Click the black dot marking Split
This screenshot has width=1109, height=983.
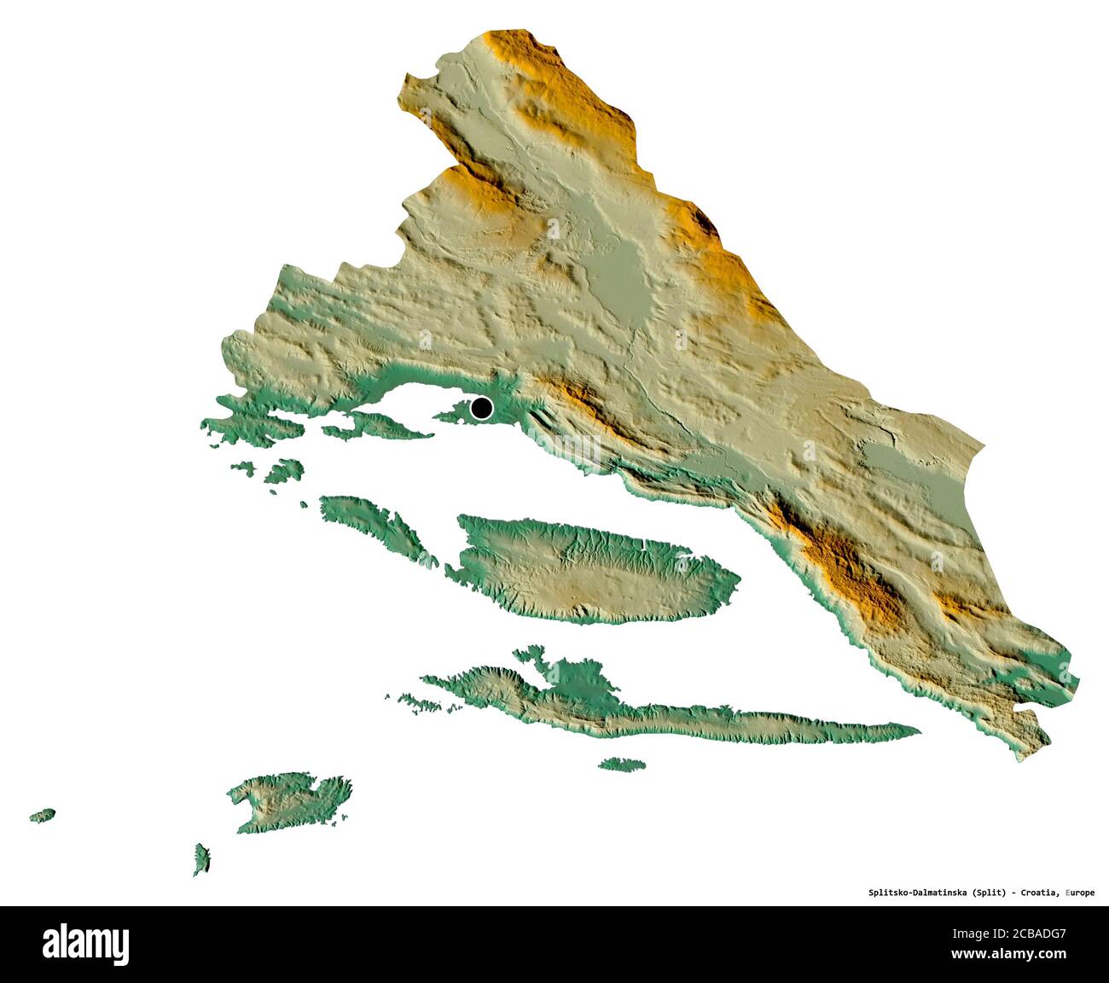click(x=482, y=409)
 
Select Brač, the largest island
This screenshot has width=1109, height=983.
click(x=589, y=568)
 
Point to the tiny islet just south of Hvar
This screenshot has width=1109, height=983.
click(x=621, y=764)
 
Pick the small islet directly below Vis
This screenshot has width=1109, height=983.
click(x=201, y=859)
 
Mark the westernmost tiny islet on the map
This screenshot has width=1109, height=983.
click(x=43, y=815)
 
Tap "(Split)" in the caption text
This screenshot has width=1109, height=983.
click(x=989, y=893)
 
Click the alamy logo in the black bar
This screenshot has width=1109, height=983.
click(x=86, y=945)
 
